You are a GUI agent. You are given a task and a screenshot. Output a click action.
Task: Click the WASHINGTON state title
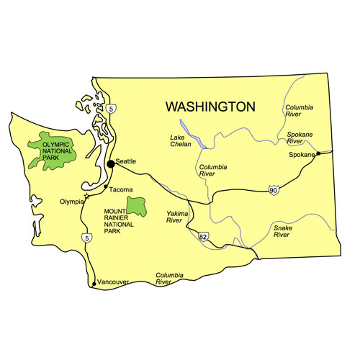(210, 107)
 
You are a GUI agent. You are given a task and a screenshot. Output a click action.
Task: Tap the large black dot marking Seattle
(111, 164)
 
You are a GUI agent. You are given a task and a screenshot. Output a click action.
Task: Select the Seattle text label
(125, 161)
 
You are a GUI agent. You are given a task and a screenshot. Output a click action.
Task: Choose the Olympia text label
(71, 202)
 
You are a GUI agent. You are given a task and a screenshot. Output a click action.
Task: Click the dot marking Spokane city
(318, 154)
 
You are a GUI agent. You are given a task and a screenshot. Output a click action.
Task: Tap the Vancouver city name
(113, 282)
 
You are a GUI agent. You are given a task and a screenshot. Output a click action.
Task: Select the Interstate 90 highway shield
(273, 189)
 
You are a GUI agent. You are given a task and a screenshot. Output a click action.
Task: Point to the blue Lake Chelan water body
(200, 139)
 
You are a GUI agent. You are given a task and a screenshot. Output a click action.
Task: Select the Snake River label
(282, 230)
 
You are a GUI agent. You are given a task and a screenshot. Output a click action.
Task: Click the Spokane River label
(300, 138)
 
